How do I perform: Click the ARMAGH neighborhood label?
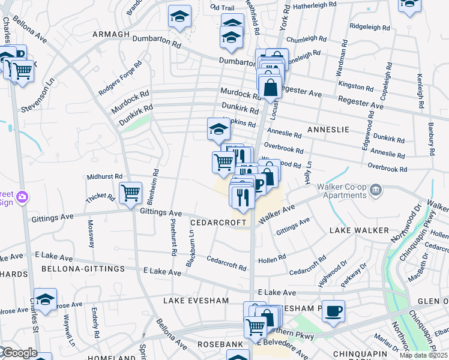coord(111,34)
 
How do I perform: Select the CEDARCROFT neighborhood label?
coord(218,223)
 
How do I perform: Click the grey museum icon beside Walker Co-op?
coord(376,190)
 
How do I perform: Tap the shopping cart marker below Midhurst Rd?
coord(130,193)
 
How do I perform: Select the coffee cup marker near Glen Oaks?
coord(333,311)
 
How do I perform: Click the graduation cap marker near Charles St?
coord(45,299)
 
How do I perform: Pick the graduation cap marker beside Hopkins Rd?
coord(219,128)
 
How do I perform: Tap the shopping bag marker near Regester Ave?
coord(271,87)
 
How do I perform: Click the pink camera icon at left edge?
coord(22,197)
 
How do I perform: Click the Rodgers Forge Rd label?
coord(120,79)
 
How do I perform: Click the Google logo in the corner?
coord(19,353)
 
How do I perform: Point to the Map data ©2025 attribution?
coord(423,355)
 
